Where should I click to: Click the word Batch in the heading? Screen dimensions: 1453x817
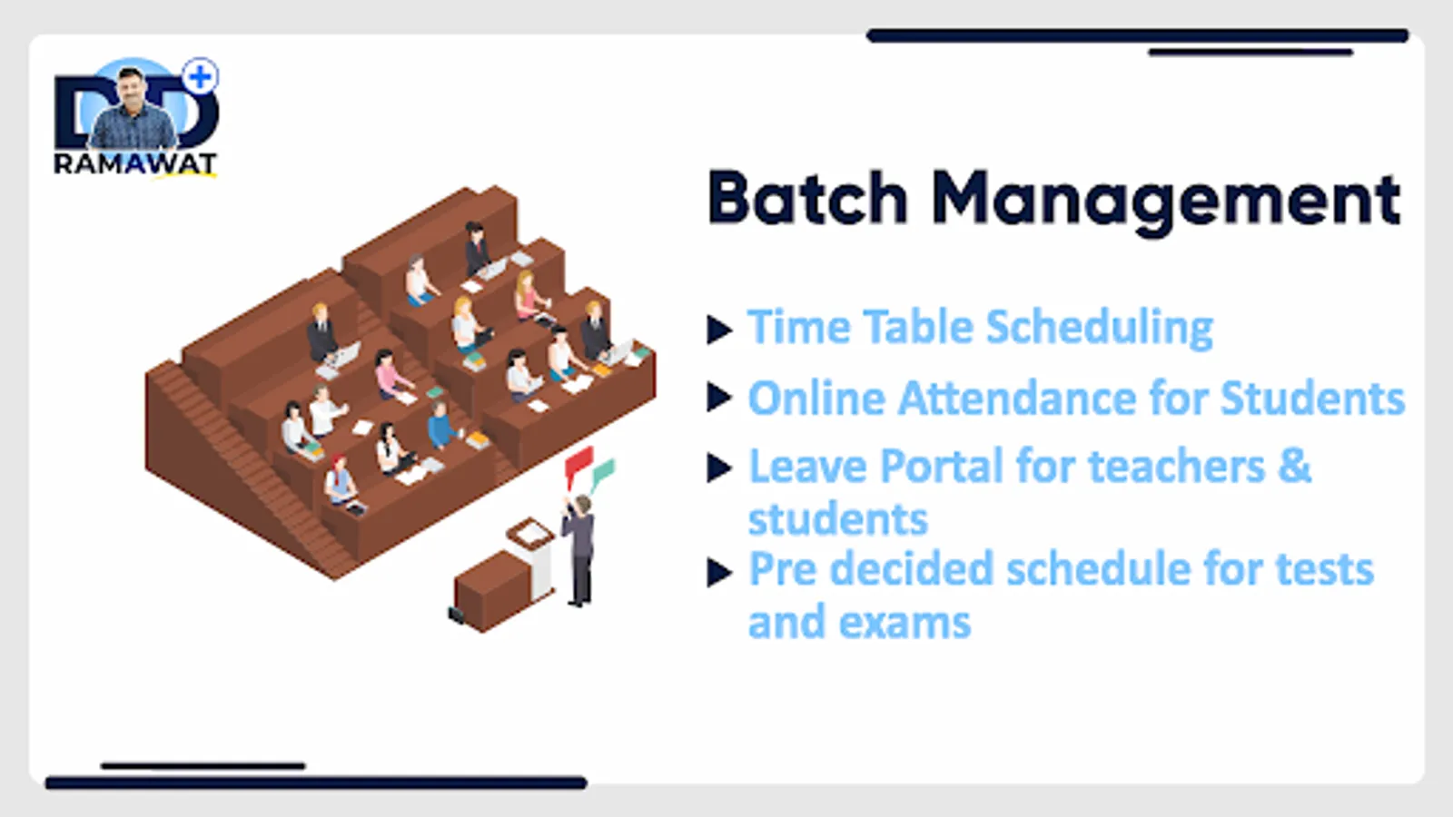[807, 198]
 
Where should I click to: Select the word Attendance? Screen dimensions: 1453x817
[1017, 398]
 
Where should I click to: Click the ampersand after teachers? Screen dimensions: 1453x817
[1295, 466]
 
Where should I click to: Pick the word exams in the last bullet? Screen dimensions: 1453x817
[904, 623]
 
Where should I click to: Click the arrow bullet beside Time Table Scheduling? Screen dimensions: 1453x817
[719, 330]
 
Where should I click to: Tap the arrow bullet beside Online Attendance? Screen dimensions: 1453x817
[719, 397]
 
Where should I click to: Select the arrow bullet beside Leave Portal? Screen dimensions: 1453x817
[719, 468]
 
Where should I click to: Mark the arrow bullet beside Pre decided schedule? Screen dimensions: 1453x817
[719, 572]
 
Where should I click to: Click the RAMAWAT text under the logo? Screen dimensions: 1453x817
[135, 164]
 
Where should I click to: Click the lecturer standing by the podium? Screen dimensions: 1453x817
[578, 550]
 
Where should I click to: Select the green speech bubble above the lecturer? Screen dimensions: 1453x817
[603, 473]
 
